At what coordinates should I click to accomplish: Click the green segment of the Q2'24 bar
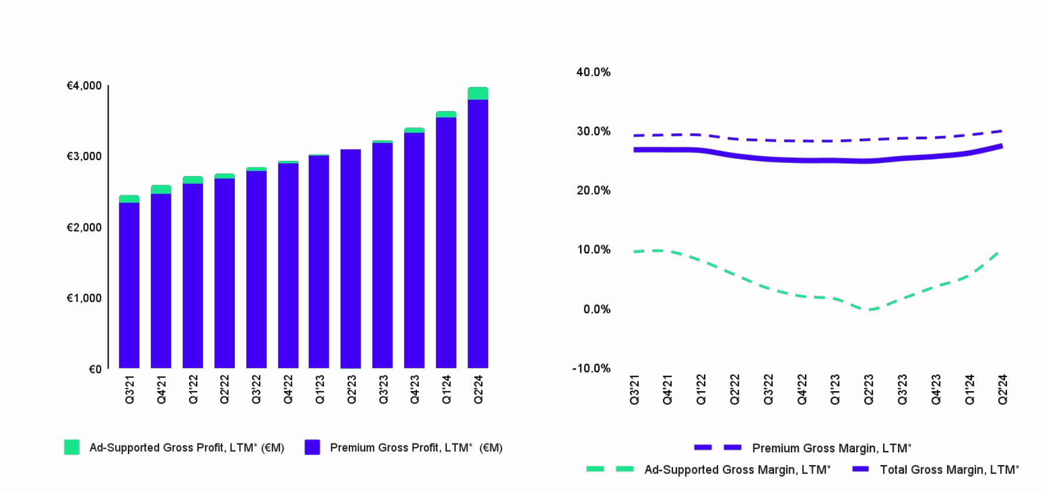point(477,93)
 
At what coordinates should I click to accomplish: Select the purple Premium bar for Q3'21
point(129,285)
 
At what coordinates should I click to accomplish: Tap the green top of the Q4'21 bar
point(161,189)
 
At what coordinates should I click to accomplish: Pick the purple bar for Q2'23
point(351,259)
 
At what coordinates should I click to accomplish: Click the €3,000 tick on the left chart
point(84,156)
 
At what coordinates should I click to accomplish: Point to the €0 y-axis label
point(95,369)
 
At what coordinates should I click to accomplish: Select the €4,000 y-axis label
point(84,86)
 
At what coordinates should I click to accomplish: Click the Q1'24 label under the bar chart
point(446,390)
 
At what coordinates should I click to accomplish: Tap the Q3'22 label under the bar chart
point(256,390)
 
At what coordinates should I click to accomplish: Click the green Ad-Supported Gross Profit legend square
point(72,447)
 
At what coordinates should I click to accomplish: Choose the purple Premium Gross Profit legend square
point(312,447)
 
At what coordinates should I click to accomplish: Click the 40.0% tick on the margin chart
point(593,72)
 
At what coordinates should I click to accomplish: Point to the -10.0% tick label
point(591,368)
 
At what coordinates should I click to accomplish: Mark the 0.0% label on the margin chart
point(597,309)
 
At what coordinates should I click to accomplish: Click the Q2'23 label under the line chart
point(868,390)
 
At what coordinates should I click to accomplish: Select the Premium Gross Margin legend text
point(831,448)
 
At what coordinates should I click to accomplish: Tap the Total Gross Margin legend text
point(949,470)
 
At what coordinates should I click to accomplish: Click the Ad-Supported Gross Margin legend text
point(737,470)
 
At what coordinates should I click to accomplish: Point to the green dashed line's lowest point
point(870,309)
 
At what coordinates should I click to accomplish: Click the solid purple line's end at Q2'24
point(1001,146)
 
